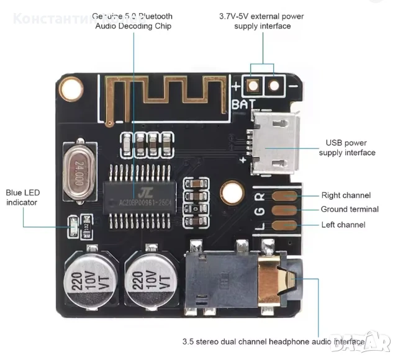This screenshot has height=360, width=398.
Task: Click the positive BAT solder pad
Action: pos(252,85)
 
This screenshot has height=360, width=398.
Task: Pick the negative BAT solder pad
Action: pos(273,85)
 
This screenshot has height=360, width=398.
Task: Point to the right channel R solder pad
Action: pos(285,196)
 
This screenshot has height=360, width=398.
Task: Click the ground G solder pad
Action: pos(285,211)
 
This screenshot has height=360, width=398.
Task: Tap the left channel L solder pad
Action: pos(285,226)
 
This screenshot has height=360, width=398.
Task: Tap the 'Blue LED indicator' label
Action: pos(22,197)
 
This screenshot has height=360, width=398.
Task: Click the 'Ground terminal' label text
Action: pos(350,210)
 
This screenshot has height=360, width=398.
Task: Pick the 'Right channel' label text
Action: pos(346,196)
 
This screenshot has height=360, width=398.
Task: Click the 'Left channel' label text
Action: pos(343,225)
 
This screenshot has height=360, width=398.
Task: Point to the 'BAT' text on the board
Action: pos(244,104)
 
